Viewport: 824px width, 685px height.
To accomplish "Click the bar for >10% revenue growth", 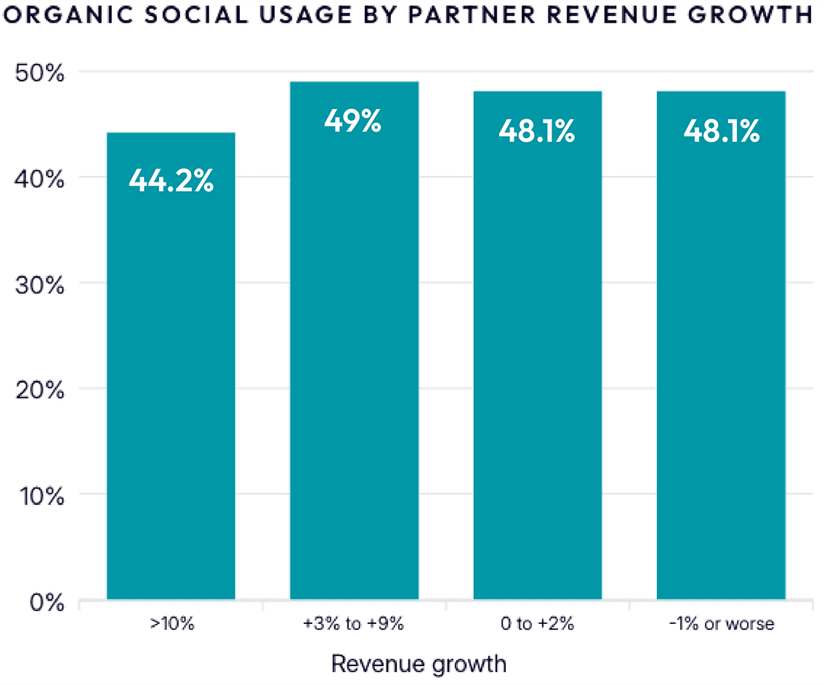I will [171, 378].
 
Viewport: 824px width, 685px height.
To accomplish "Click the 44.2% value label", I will [171, 180].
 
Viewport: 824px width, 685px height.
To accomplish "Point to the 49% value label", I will [353, 121].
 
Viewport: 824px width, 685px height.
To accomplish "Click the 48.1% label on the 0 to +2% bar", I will [537, 132].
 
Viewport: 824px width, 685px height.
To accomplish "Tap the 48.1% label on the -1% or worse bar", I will [721, 132].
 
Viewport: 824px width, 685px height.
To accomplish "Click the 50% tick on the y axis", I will [40, 73].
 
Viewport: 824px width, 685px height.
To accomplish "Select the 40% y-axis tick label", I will [40, 178].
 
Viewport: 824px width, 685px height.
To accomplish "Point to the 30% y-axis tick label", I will [40, 284].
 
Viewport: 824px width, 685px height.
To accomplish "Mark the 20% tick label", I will [40, 390].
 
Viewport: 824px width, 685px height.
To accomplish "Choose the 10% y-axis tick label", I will [40, 496].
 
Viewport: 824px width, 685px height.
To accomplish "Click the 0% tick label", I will [45, 602].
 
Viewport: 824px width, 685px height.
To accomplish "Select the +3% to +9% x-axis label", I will [354, 624].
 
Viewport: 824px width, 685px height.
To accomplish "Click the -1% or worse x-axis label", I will [721, 624].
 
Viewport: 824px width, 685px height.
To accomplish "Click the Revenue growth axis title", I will [418, 663].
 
